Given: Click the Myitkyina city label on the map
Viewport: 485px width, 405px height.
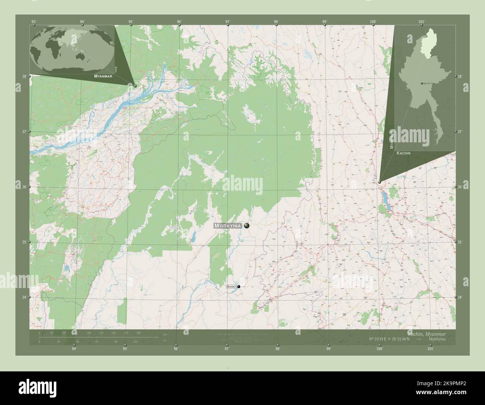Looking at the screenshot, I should click(228, 226).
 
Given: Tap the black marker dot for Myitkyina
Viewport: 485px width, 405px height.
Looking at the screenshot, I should click(247, 226).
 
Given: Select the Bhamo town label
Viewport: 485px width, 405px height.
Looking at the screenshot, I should click(231, 287).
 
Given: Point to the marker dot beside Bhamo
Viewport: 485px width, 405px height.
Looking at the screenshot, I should click(239, 287).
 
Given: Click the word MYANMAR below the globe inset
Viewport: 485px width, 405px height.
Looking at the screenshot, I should click(98, 76).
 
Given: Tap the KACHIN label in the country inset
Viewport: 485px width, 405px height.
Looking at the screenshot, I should click(404, 153).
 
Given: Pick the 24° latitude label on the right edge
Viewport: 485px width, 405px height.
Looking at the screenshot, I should click(460, 297).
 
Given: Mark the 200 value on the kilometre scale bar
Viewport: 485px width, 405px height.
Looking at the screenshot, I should click(138, 332).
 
